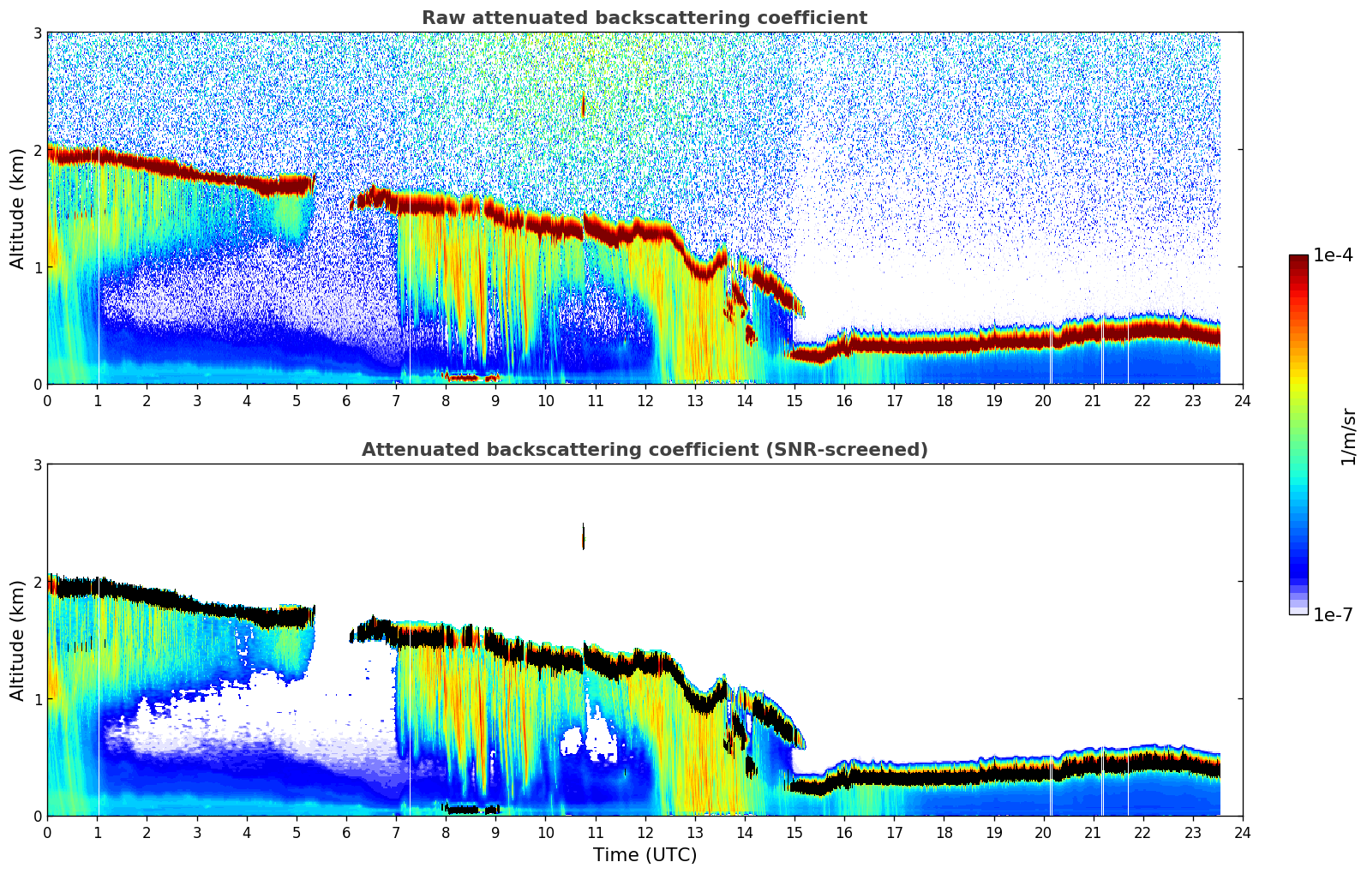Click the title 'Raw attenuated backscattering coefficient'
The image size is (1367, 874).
pyautogui.click(x=644, y=18)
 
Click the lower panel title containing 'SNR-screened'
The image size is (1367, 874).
pyautogui.click(x=644, y=450)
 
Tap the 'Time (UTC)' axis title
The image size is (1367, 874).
pyautogui.click(x=645, y=854)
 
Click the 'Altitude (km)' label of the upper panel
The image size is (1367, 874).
pyautogui.click(x=17, y=208)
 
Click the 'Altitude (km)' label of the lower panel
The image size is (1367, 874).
pyautogui.click(x=17, y=640)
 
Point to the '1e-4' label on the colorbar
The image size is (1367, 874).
pyautogui.click(x=1333, y=255)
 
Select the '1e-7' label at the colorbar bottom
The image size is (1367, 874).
pyautogui.click(x=1333, y=614)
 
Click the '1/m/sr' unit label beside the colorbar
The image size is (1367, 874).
pyautogui.click(x=1348, y=436)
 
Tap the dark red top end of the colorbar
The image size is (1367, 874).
pyautogui.click(x=1298, y=259)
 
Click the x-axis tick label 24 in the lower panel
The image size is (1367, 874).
pyautogui.click(x=1242, y=832)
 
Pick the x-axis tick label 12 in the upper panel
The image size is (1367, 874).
pyautogui.click(x=645, y=400)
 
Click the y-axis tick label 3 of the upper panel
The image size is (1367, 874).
pyautogui.click(x=37, y=33)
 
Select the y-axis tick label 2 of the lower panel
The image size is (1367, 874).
pyautogui.click(x=37, y=582)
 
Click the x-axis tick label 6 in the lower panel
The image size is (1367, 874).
pyautogui.click(x=346, y=832)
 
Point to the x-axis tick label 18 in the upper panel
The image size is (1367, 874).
pyautogui.click(x=944, y=400)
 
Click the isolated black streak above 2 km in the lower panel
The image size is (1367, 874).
pyautogui.click(x=584, y=536)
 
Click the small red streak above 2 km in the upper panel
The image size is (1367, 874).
pyautogui.click(x=584, y=105)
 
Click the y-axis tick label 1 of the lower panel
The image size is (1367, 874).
pyautogui.click(x=37, y=699)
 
